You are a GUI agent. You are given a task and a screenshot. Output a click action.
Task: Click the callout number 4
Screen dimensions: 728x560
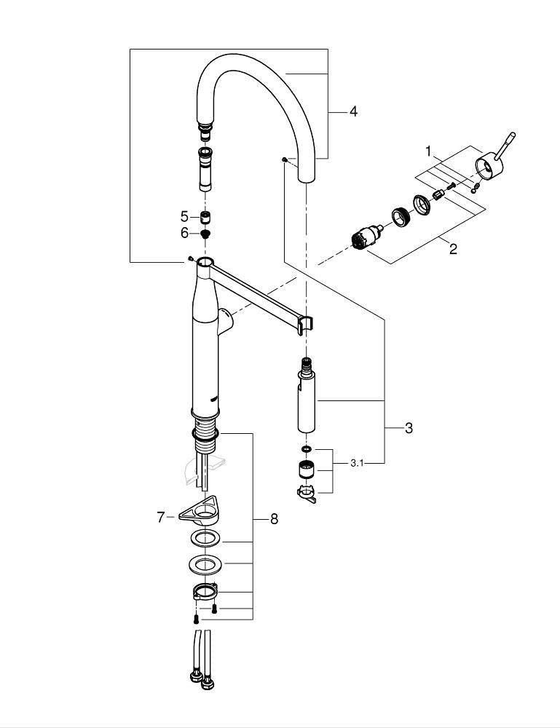point(353,111)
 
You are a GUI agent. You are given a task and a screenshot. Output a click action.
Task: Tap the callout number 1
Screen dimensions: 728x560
point(429,151)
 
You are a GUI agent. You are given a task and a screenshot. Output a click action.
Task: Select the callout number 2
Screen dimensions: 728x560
point(453,249)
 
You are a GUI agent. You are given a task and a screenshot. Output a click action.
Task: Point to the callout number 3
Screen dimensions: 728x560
point(409,428)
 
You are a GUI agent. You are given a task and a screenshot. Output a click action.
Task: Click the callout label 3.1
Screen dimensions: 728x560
point(358,462)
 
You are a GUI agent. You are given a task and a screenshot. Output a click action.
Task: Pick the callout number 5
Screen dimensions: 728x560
point(184,216)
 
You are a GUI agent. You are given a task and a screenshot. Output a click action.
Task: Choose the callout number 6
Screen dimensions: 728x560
point(184,233)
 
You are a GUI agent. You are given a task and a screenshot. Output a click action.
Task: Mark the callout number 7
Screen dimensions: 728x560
point(161,517)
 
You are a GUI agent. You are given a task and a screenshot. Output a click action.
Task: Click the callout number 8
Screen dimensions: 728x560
point(274,519)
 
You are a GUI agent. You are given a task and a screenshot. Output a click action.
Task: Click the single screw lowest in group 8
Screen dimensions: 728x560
point(197,619)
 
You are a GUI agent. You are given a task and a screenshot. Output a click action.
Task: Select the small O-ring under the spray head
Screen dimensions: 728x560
point(306,449)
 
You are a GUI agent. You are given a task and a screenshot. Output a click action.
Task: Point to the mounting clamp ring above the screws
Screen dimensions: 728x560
point(205,590)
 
